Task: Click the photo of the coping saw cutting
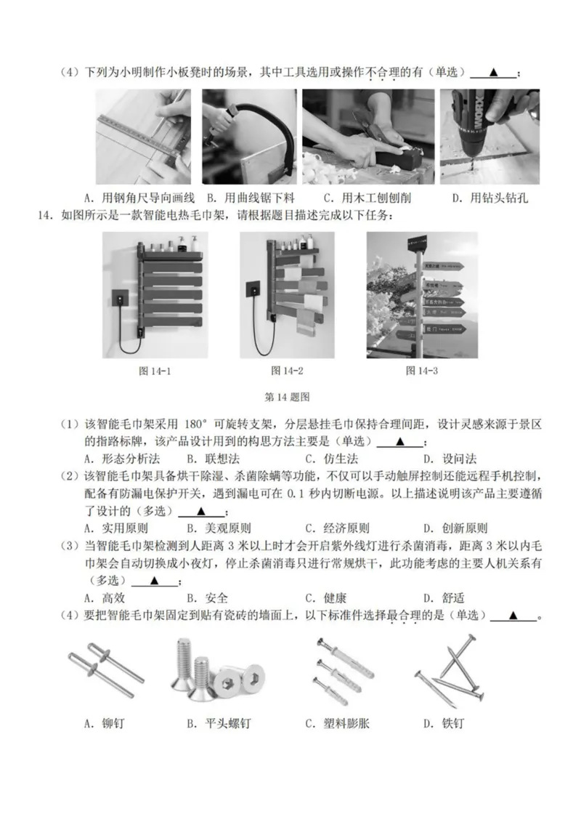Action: click(249, 137)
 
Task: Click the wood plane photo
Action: click(368, 137)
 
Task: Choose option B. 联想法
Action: click(209, 459)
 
